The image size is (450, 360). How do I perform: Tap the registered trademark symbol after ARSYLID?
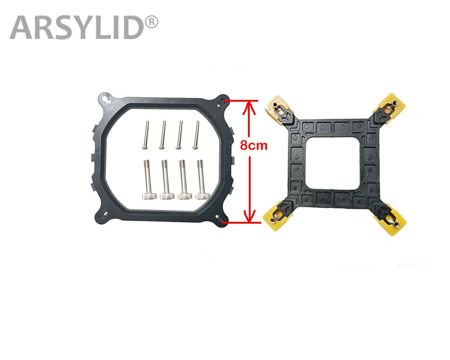point(152,21)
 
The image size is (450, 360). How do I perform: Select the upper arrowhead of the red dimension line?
point(247,105)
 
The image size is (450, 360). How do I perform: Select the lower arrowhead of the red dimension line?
point(247,217)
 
